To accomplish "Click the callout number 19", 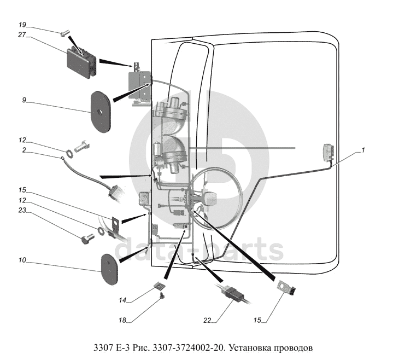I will (22, 25).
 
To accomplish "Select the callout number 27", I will (22, 34).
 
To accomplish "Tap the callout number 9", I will (25, 100).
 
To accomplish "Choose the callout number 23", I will (22, 210).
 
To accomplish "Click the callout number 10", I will (22, 262).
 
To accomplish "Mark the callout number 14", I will (124, 300).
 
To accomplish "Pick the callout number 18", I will (123, 320).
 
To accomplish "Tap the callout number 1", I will (363, 150).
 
